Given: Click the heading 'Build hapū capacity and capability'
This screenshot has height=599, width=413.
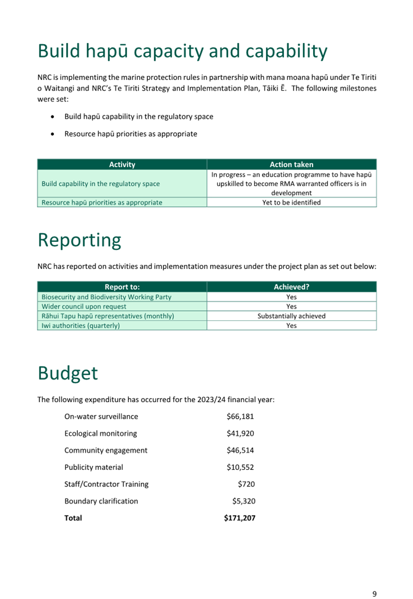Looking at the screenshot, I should (x=182, y=51).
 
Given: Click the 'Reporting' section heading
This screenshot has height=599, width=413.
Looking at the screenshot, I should (x=79, y=240).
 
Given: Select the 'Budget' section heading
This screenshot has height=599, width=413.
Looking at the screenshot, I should (x=68, y=373).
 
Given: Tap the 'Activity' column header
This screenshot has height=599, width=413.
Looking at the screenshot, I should (x=122, y=164).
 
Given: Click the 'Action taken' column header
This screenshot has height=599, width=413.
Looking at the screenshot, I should (x=292, y=164).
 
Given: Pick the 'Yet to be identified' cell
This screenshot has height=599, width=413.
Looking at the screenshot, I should (x=292, y=202).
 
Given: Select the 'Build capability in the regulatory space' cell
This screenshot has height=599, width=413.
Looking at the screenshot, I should (x=100, y=184).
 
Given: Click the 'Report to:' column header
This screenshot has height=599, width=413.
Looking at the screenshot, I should (x=122, y=287).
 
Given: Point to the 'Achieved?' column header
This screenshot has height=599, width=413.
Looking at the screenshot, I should (x=292, y=287).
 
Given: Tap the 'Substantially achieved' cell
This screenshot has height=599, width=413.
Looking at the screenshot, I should (x=292, y=316).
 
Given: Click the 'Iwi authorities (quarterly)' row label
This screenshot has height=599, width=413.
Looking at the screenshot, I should (x=80, y=325).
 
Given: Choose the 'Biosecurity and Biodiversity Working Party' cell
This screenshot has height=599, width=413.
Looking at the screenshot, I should (x=107, y=297).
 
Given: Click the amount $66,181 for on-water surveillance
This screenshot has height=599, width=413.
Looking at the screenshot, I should (x=240, y=417).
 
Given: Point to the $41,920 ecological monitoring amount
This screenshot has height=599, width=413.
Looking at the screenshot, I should (x=240, y=433).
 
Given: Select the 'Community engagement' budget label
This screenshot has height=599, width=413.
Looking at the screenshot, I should (x=106, y=450).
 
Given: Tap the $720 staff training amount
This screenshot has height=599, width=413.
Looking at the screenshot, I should (x=246, y=484).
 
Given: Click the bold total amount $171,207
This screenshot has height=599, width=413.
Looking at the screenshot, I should (x=240, y=518).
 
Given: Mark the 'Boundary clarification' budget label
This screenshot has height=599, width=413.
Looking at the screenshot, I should (x=101, y=501).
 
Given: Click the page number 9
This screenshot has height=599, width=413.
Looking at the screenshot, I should (x=375, y=594).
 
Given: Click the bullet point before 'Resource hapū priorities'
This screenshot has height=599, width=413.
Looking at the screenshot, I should (x=54, y=134).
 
